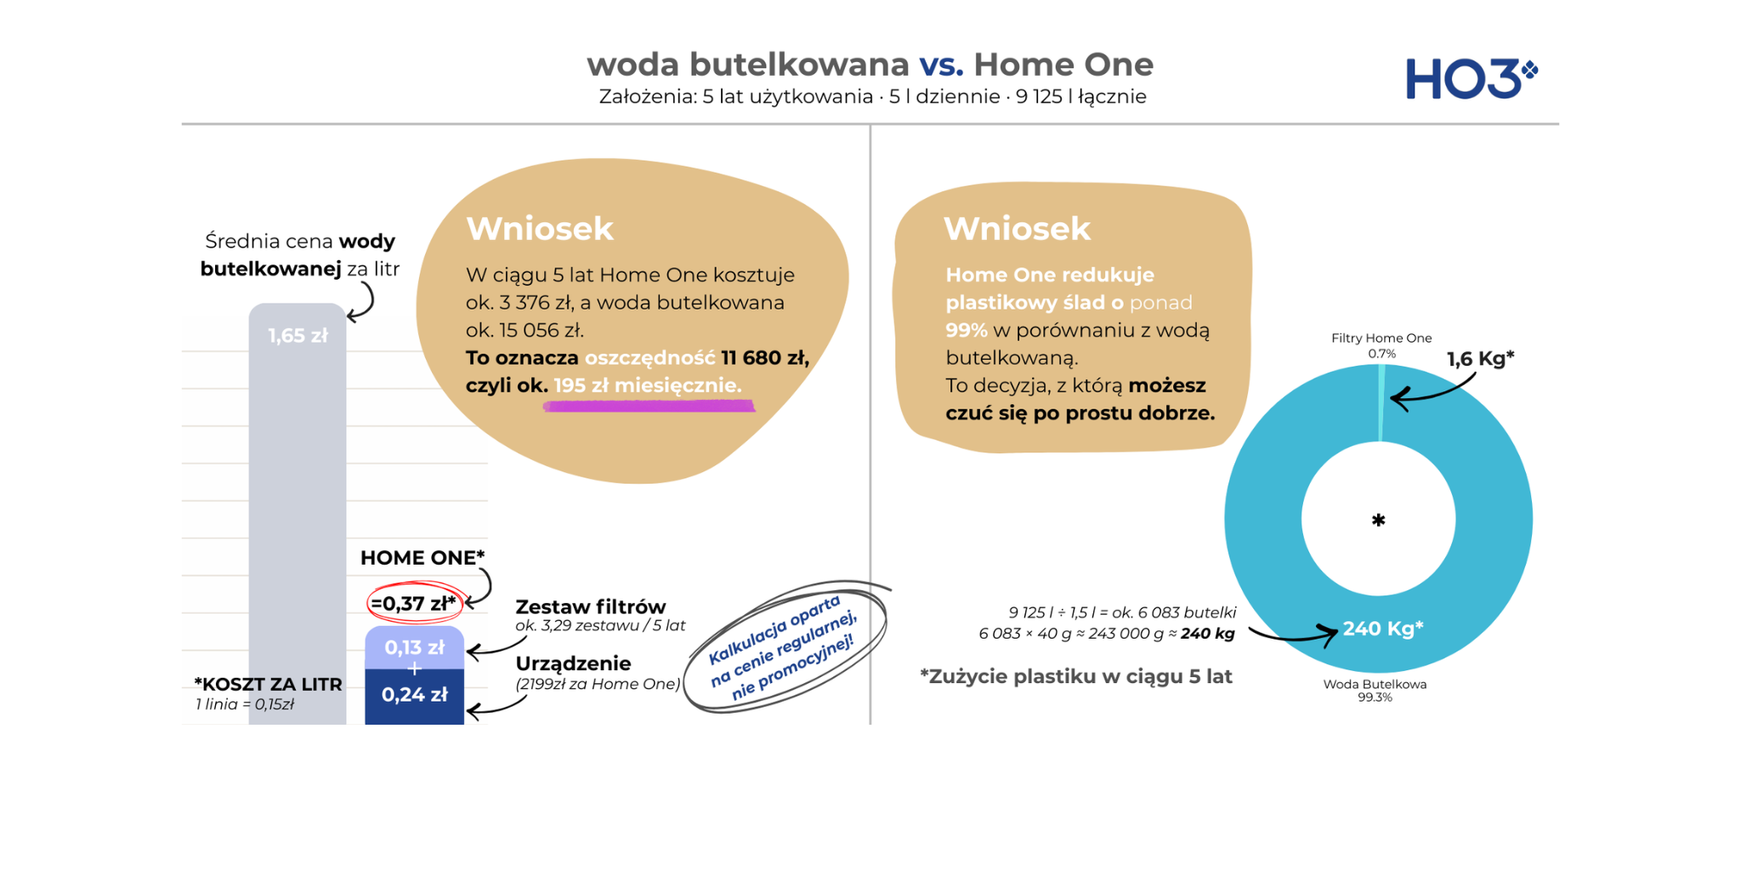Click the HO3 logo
1472,78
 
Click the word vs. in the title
941,65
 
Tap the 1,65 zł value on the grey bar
298,336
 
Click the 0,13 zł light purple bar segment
414,648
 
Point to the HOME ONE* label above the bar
422,558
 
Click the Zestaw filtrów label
591,606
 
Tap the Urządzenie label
573,663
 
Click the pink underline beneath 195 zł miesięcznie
649,407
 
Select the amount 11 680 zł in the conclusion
763,358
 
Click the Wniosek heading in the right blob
1017,229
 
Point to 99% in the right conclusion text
967,330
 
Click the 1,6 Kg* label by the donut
1480,359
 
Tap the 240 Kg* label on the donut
1383,629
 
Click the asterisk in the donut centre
1379,520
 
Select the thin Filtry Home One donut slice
1381,403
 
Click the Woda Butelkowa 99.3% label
1375,690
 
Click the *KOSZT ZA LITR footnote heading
268,685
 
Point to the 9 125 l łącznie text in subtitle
1080,97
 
